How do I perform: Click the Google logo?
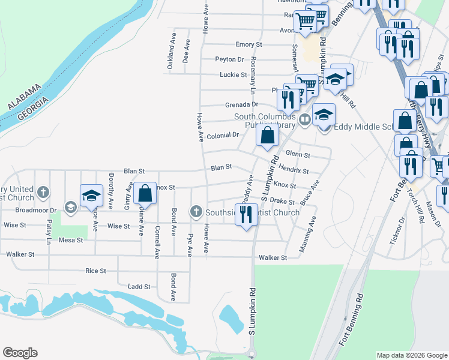coord(20,353)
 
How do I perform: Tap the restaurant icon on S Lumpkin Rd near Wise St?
coord(246,214)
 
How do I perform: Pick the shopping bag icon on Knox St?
coord(145,193)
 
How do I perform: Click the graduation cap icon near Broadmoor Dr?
coord(91,196)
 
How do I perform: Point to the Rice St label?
coord(95,271)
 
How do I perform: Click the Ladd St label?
coord(139,287)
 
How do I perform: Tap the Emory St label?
coord(249,44)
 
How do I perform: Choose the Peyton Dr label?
coord(230,59)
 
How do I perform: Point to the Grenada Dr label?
coord(241,104)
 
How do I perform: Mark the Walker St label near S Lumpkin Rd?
coord(273,257)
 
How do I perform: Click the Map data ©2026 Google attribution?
coord(411,355)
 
